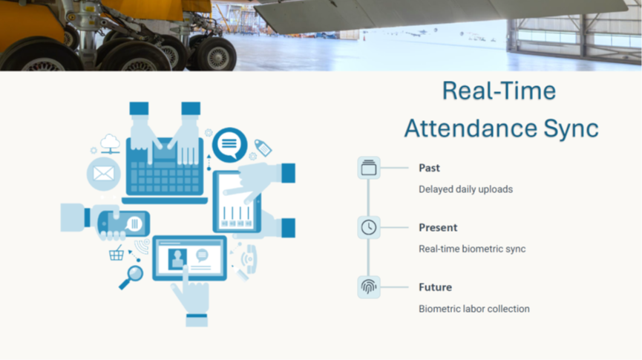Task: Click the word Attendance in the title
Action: tap(471, 128)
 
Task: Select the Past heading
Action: tap(429, 168)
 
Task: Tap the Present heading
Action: tap(438, 228)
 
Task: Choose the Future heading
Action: tap(435, 287)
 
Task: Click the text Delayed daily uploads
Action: tap(465, 189)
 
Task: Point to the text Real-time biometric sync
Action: tap(472, 249)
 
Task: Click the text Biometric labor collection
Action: tap(474, 309)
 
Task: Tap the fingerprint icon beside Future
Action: tap(368, 287)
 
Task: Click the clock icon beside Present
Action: tap(368, 227)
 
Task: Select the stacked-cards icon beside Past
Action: tap(368, 168)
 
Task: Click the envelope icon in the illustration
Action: tap(104, 174)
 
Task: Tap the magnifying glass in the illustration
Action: tap(132, 277)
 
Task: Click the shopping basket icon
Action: tap(117, 253)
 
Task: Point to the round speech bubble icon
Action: tap(229, 144)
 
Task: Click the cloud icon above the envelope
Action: tap(110, 143)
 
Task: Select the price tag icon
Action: tap(263, 148)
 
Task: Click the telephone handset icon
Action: tap(249, 259)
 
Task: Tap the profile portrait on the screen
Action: tap(177, 259)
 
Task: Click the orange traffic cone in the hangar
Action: tap(364, 38)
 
